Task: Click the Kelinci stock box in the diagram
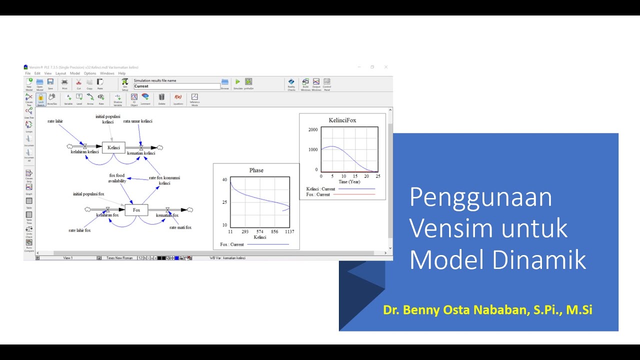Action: click(x=113, y=147)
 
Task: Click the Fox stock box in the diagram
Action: click(x=136, y=210)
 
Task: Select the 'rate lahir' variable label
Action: click(x=55, y=121)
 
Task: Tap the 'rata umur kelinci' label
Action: click(x=137, y=121)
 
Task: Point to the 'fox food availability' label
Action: click(x=117, y=178)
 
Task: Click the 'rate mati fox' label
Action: click(x=180, y=227)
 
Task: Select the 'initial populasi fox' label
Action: click(x=88, y=194)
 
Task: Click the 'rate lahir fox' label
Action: click(x=79, y=230)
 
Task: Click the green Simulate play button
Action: click(x=237, y=82)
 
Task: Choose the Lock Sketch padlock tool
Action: click(x=41, y=98)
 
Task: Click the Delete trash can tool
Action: click(x=161, y=97)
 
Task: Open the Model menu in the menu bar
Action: click(x=74, y=73)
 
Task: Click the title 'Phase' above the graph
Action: click(x=256, y=170)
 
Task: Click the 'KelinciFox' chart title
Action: click(x=342, y=120)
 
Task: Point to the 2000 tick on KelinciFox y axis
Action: click(x=313, y=130)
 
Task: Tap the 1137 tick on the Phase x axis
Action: click(x=289, y=232)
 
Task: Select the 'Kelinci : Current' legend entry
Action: click(x=320, y=189)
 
